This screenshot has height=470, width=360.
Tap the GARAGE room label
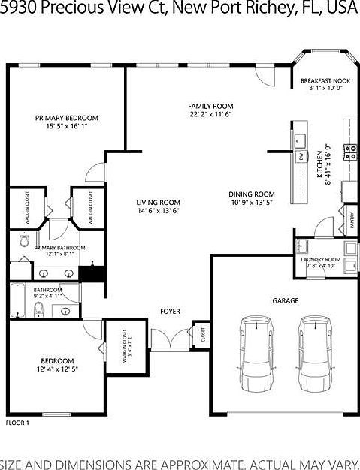pos(285,300)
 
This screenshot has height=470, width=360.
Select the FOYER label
pos(169,311)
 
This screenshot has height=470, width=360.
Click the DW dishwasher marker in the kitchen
pos(301,156)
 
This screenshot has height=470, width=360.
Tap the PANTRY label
pos(352,218)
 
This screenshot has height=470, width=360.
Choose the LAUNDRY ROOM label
pos(321,260)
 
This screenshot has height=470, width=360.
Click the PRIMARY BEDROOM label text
pos(67,118)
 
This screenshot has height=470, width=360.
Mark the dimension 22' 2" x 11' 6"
pos(210,114)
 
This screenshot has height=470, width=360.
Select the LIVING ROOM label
pos(158,202)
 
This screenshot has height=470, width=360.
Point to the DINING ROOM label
pos(252,194)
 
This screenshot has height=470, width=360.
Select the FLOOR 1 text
pos(17,423)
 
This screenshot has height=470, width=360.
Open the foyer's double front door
pos(170,340)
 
